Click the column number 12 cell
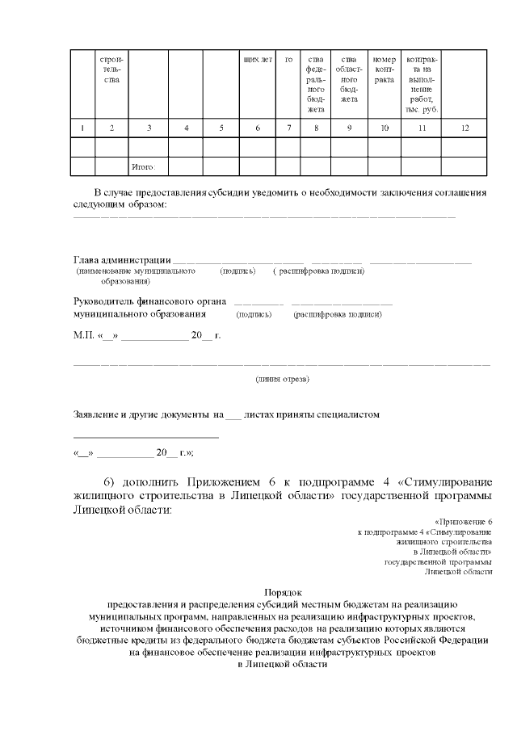click(x=464, y=128)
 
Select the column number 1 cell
click(x=82, y=128)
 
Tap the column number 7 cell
click(x=288, y=128)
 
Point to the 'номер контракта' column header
click(x=384, y=70)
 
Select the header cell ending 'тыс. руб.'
click(x=420, y=85)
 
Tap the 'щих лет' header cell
click(x=257, y=60)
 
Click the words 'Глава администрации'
click(x=122, y=260)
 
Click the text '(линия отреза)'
click(x=282, y=378)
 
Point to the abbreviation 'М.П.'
click(x=83, y=334)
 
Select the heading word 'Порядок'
click(x=282, y=591)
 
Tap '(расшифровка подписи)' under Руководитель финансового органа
click(x=338, y=313)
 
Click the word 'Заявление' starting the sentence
click(x=95, y=414)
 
